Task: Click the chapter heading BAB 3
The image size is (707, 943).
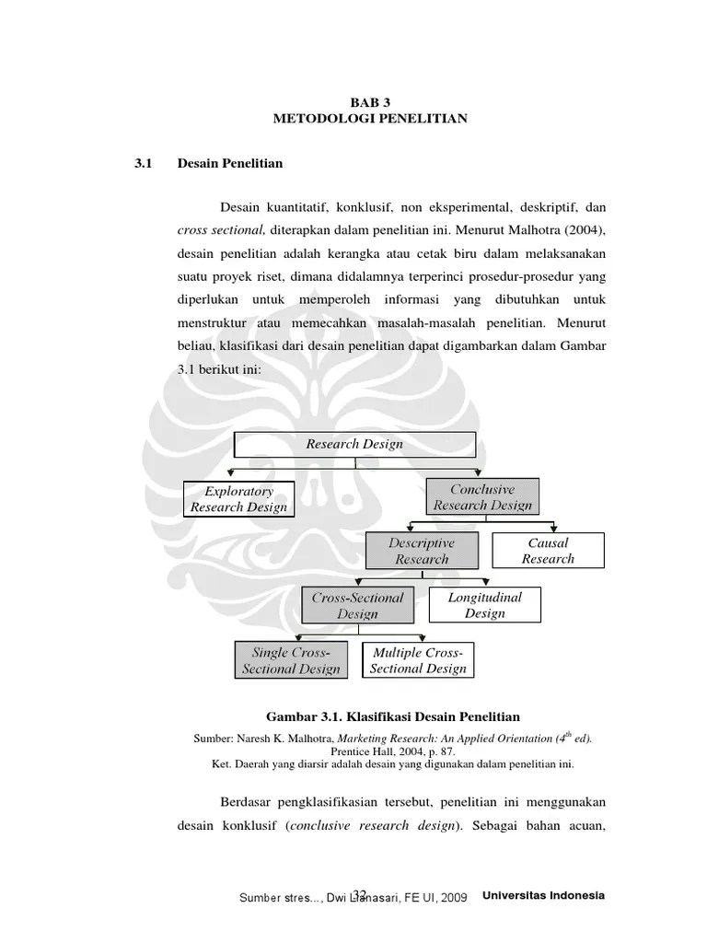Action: click(370, 102)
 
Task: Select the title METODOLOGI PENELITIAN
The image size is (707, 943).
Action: click(370, 119)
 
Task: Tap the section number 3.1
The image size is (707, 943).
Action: click(142, 164)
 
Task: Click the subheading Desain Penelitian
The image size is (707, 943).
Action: click(229, 164)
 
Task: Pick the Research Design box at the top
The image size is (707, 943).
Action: click(354, 444)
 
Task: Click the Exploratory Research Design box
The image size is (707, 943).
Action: click(238, 499)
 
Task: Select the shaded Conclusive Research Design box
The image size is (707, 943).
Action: click(482, 496)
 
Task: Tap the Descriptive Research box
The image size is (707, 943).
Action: click(422, 551)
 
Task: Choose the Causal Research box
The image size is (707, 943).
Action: click(548, 551)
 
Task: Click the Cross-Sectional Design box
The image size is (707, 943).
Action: click(357, 605)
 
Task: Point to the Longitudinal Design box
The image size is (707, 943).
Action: click(484, 605)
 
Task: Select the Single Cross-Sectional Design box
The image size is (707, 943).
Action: click(291, 660)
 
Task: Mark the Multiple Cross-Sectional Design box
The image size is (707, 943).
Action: click(418, 660)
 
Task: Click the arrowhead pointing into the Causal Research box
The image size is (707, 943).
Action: click(549, 529)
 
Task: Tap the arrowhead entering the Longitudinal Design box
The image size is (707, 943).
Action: click(485, 583)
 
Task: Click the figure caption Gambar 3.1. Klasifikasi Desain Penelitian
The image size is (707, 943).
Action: click(393, 716)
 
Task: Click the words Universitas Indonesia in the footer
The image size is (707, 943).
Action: click(543, 896)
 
